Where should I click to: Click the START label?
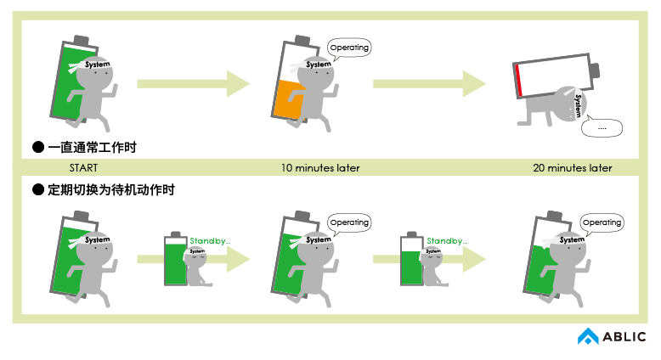[x=83, y=168]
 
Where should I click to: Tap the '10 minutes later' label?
[x=320, y=168]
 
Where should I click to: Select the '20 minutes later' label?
[x=572, y=168]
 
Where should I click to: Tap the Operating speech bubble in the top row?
[x=348, y=48]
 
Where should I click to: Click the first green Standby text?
[x=209, y=240]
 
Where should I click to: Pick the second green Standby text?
[x=446, y=241]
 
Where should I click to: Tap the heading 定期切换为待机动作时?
[x=110, y=190]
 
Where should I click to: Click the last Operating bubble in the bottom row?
[x=602, y=222]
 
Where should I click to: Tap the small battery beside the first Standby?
[x=176, y=260]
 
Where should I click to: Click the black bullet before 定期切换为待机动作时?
[x=37, y=190]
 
